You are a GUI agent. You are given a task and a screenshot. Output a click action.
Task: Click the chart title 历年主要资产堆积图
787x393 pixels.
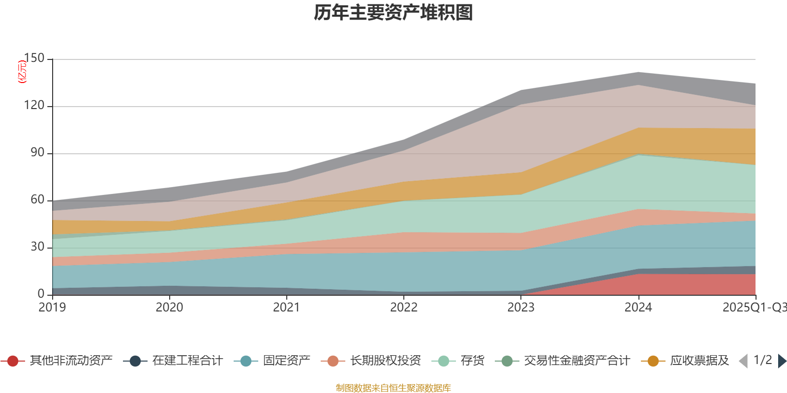pyautogui.click(x=393, y=13)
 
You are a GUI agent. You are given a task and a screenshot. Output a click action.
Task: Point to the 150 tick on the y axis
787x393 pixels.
pyautogui.click(x=34, y=58)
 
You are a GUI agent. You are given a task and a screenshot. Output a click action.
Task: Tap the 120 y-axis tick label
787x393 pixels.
pyautogui.click(x=34, y=106)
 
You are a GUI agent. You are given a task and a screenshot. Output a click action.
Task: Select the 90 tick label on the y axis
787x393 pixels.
pyautogui.click(x=37, y=153)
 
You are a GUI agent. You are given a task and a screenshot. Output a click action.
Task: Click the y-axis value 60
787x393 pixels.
pyautogui.click(x=37, y=199)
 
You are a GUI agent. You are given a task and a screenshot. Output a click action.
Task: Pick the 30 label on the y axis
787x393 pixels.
pyautogui.click(x=37, y=247)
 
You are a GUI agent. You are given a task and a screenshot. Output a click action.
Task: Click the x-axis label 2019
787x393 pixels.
pyautogui.click(x=53, y=308)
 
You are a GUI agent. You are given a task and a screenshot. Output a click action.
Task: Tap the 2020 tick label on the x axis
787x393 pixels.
pyautogui.click(x=170, y=308)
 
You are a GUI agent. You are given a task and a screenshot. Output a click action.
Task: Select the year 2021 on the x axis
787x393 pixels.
pyautogui.click(x=287, y=308)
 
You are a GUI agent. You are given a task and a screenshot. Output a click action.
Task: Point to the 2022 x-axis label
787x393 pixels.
pyautogui.click(x=404, y=308)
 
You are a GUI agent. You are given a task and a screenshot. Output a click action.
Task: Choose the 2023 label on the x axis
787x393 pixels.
pyautogui.click(x=521, y=308)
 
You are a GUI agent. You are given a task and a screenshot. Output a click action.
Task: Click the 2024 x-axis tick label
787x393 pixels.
pyautogui.click(x=638, y=308)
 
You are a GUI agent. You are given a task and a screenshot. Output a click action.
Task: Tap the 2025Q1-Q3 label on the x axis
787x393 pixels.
pyautogui.click(x=754, y=308)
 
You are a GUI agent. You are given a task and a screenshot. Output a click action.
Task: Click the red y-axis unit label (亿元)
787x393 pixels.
pyautogui.click(x=22, y=72)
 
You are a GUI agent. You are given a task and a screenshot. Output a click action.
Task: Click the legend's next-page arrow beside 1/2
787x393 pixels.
pyautogui.click(x=782, y=361)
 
